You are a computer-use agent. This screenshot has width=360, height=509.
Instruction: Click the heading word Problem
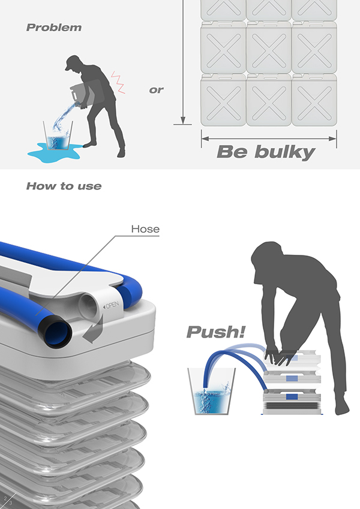pos(54,28)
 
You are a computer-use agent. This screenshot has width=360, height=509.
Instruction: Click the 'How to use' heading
pos(64,186)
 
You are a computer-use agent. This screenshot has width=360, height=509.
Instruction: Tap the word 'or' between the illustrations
pos(156,91)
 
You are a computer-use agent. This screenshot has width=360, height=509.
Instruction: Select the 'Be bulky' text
pos(265,152)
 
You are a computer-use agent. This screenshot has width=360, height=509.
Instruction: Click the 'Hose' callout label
pos(145,229)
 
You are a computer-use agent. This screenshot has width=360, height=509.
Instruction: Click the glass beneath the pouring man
pos(58,137)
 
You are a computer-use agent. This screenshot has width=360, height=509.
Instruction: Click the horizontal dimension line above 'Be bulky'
pos(269,138)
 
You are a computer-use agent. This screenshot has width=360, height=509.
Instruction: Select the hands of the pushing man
pos(276,356)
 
